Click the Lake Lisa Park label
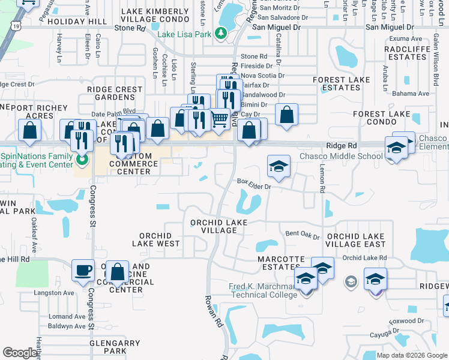pyautogui.click(x=184, y=34)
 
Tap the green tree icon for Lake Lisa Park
pyautogui.click(x=221, y=34)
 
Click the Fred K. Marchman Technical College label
pyautogui.click(x=264, y=290)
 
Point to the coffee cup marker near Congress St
pyautogui.click(x=83, y=270)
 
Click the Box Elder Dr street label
pyautogui.click(x=255, y=182)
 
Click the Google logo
pyautogui.click(x=20, y=353)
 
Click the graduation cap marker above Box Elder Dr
pyautogui.click(x=279, y=167)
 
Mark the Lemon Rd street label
pyautogui.click(x=322, y=179)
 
